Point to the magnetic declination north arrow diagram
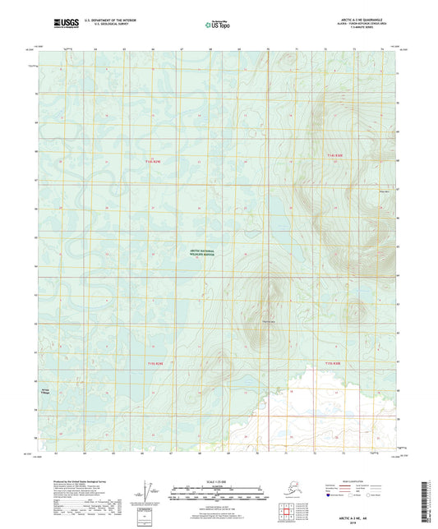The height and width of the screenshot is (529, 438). (147, 491)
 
